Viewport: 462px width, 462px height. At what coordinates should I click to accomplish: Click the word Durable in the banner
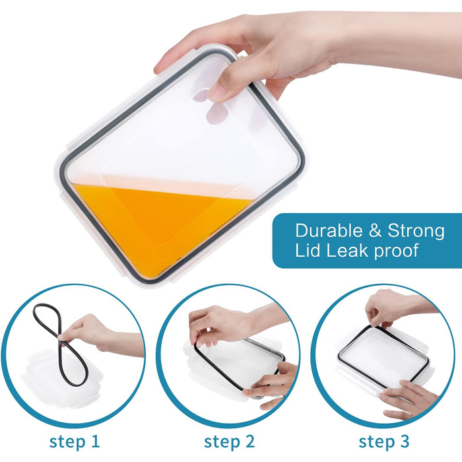(329, 230)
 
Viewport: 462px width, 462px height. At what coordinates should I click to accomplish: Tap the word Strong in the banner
(416, 231)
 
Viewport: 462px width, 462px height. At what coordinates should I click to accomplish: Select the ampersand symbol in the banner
(375, 231)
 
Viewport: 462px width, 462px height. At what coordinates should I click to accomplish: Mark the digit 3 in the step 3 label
(404, 442)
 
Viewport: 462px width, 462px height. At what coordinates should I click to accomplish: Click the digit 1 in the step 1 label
(94, 442)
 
